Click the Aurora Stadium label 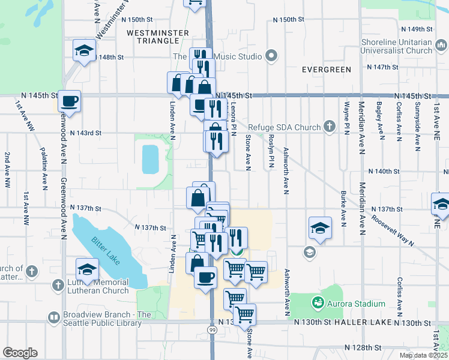(355, 304)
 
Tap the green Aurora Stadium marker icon (318, 304)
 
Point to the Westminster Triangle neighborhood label (154, 36)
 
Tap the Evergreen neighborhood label (327, 70)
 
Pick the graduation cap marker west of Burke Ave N (320, 228)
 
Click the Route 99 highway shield (212, 330)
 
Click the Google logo (20, 353)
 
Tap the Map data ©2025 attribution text (423, 355)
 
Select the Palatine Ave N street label (44, 167)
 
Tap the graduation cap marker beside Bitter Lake (87, 269)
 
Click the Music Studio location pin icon (271, 57)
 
